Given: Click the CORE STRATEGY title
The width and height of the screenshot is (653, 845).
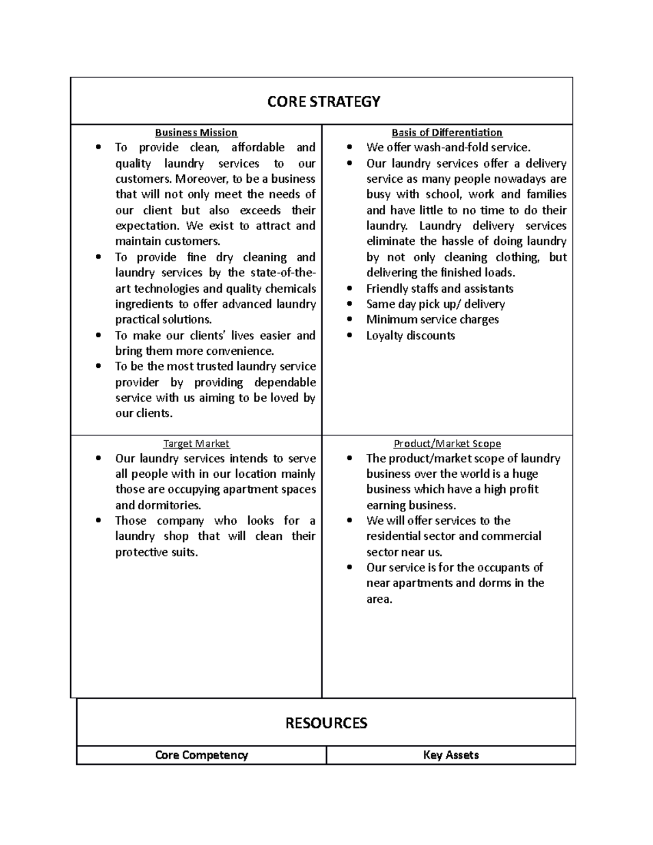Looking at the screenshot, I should point(324,102).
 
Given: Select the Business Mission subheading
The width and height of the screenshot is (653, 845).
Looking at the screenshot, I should point(196,132).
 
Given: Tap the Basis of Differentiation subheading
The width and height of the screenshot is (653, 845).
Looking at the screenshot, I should point(447,132).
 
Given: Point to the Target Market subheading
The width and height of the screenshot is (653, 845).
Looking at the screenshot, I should point(196,443).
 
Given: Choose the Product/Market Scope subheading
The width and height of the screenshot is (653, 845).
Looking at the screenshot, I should point(447,443).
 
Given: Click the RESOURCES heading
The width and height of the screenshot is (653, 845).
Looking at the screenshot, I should point(326,723).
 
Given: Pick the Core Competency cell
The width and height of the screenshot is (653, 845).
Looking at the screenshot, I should point(201,755).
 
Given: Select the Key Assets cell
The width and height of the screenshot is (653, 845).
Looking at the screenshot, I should point(451,755).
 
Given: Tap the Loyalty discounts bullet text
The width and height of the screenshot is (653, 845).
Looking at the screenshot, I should point(410,336).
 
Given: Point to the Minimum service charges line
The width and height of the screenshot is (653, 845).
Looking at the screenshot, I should point(432,320).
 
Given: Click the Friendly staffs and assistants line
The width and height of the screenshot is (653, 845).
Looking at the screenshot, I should point(440,288).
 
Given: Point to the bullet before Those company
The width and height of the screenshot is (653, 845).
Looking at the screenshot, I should point(98,521).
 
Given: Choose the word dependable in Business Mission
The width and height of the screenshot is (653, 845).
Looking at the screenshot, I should point(285,383).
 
